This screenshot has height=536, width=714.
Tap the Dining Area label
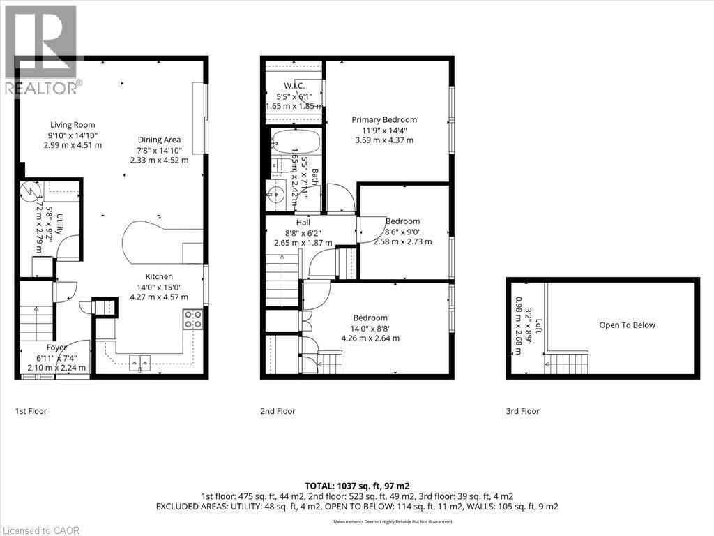159,140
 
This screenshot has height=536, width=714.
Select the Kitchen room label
159,276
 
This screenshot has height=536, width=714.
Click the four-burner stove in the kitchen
193,318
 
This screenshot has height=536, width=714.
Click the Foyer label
56,348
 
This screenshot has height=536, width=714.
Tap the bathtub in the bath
296,143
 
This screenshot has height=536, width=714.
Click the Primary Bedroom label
383,119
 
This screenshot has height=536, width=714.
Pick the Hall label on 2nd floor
303,223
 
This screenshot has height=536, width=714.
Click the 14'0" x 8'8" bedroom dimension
370,328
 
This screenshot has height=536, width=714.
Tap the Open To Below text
627,325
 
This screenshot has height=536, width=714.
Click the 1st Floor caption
31,411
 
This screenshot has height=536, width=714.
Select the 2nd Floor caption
278,411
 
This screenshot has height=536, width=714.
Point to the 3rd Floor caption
522,411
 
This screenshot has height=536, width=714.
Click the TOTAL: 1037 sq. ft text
357,485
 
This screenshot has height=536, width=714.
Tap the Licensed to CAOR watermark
40,530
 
